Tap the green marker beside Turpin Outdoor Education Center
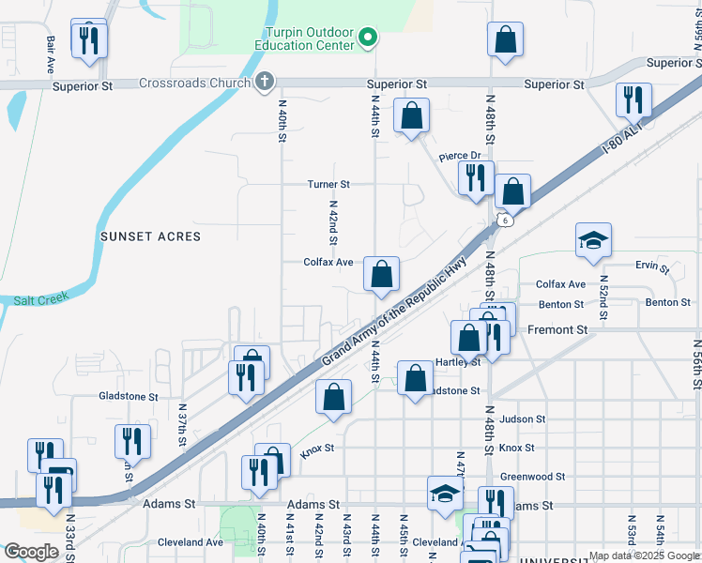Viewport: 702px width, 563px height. (x=369, y=38)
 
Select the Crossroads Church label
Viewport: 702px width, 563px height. (x=194, y=83)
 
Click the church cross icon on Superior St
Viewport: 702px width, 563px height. (x=265, y=82)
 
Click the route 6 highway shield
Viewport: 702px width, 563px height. (x=505, y=221)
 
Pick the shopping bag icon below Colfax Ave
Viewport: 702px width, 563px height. (x=381, y=275)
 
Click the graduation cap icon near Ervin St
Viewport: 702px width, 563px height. (x=593, y=240)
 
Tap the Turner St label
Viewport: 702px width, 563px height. (x=328, y=185)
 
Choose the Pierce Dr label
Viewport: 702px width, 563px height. (x=460, y=156)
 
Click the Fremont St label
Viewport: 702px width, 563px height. (x=557, y=330)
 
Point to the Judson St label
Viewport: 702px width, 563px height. (x=523, y=419)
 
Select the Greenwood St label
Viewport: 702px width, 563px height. (x=532, y=477)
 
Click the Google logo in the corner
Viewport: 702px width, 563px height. (x=31, y=552)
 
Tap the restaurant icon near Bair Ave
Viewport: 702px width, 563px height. (x=90, y=39)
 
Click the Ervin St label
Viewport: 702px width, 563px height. (x=651, y=268)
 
